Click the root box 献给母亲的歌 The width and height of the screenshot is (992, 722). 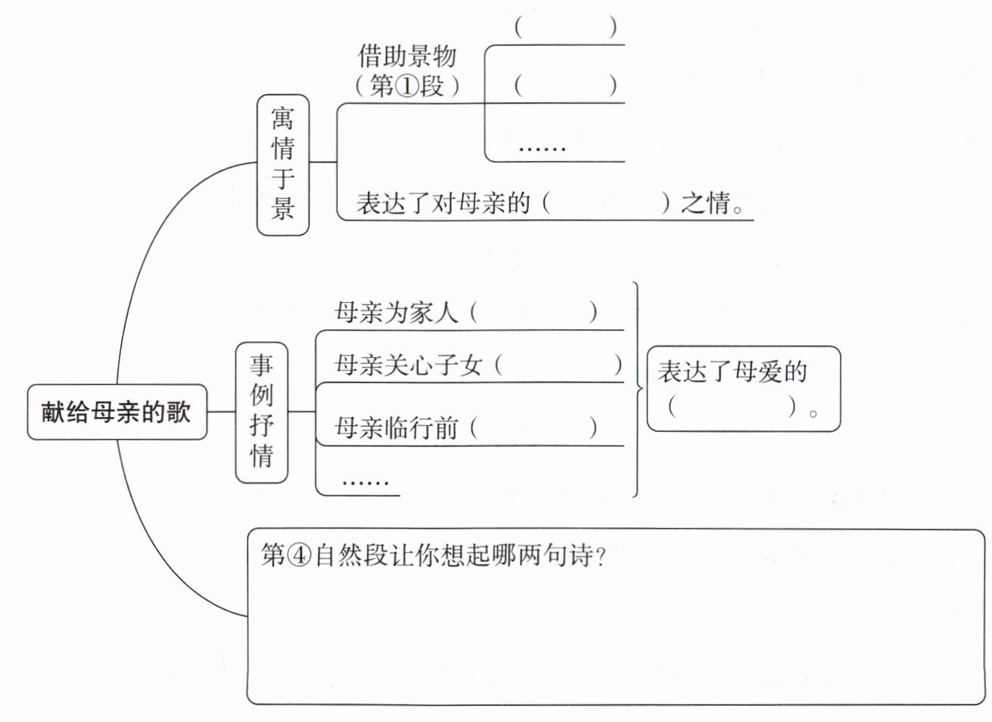pos(117,412)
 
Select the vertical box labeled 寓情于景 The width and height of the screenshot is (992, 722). pos(283,165)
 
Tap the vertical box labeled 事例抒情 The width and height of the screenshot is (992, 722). pos(261,412)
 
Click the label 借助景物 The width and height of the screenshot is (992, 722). pos(406,56)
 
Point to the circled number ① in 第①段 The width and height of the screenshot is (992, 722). pos(406,85)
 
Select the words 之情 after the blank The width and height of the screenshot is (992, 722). pos(705,203)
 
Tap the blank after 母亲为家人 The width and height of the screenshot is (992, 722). pos(533,313)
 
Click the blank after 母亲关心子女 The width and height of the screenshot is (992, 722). pos(558,366)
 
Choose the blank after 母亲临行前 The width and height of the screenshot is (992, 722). pos(533,427)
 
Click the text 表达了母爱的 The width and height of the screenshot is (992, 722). pos(732,371)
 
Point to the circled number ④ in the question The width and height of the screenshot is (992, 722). pos(299,555)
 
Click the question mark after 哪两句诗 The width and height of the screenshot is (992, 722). pos(601,557)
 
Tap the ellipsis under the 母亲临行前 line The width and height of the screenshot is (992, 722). pos(366,482)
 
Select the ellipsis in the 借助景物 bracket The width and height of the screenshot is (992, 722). pos(542,148)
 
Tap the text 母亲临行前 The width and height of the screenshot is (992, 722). pos(395,428)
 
